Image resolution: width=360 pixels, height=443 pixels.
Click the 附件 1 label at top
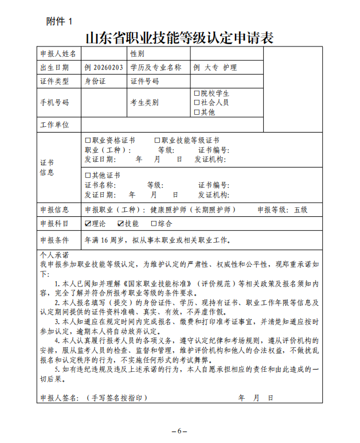click(60, 21)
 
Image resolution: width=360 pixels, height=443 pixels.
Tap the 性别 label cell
click(137, 54)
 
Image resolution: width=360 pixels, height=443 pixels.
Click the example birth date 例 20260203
click(104, 68)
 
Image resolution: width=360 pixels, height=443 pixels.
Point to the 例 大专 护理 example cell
click(216, 68)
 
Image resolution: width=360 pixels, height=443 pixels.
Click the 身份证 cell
click(95, 81)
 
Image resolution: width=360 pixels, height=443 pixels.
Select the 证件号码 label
click(144, 81)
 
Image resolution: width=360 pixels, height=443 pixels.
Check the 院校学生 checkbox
click(197, 93)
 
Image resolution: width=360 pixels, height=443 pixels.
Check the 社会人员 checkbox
click(197, 102)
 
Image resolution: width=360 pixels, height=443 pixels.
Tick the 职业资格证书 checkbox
click(88, 140)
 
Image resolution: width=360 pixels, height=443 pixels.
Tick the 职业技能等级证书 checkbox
click(157, 140)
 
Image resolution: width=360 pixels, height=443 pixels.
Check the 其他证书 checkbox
click(88, 175)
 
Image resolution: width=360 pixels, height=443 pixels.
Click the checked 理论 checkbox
click(88, 224)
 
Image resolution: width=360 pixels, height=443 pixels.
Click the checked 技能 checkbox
click(121, 224)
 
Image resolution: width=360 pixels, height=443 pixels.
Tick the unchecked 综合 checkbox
click(154, 224)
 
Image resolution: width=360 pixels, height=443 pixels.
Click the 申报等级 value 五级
click(300, 210)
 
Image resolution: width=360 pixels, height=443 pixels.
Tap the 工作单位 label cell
click(54, 125)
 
